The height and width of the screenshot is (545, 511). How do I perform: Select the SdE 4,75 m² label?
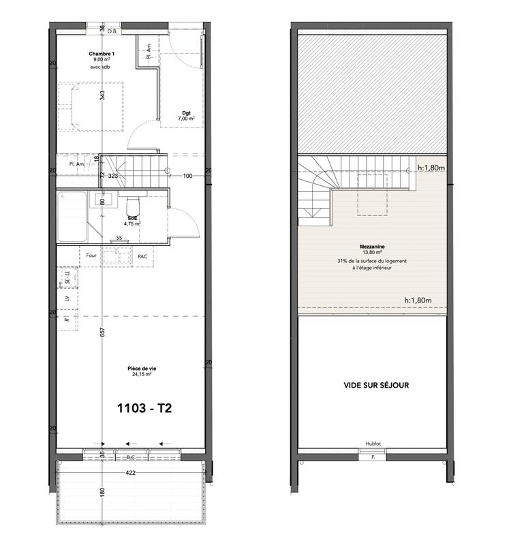point(132,220)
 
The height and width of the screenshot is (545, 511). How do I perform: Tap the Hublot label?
point(373,443)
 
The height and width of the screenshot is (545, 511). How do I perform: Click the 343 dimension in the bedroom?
point(102,95)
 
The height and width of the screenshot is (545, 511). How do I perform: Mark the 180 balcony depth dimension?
point(102,493)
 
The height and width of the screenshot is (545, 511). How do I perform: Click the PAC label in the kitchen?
point(142,256)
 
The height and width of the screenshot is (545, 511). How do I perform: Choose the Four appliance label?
point(91,256)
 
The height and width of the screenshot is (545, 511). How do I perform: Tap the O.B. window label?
point(112,30)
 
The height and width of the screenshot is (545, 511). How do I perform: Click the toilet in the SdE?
point(134,205)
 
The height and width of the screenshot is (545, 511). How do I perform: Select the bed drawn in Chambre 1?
point(91,106)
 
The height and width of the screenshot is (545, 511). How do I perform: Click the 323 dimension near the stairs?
point(114,176)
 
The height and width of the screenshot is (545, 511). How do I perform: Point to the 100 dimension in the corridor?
point(187,176)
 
